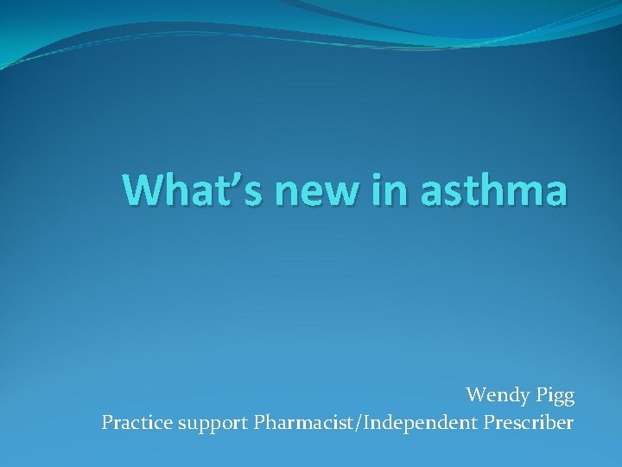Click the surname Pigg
554,397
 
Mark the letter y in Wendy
522,398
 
